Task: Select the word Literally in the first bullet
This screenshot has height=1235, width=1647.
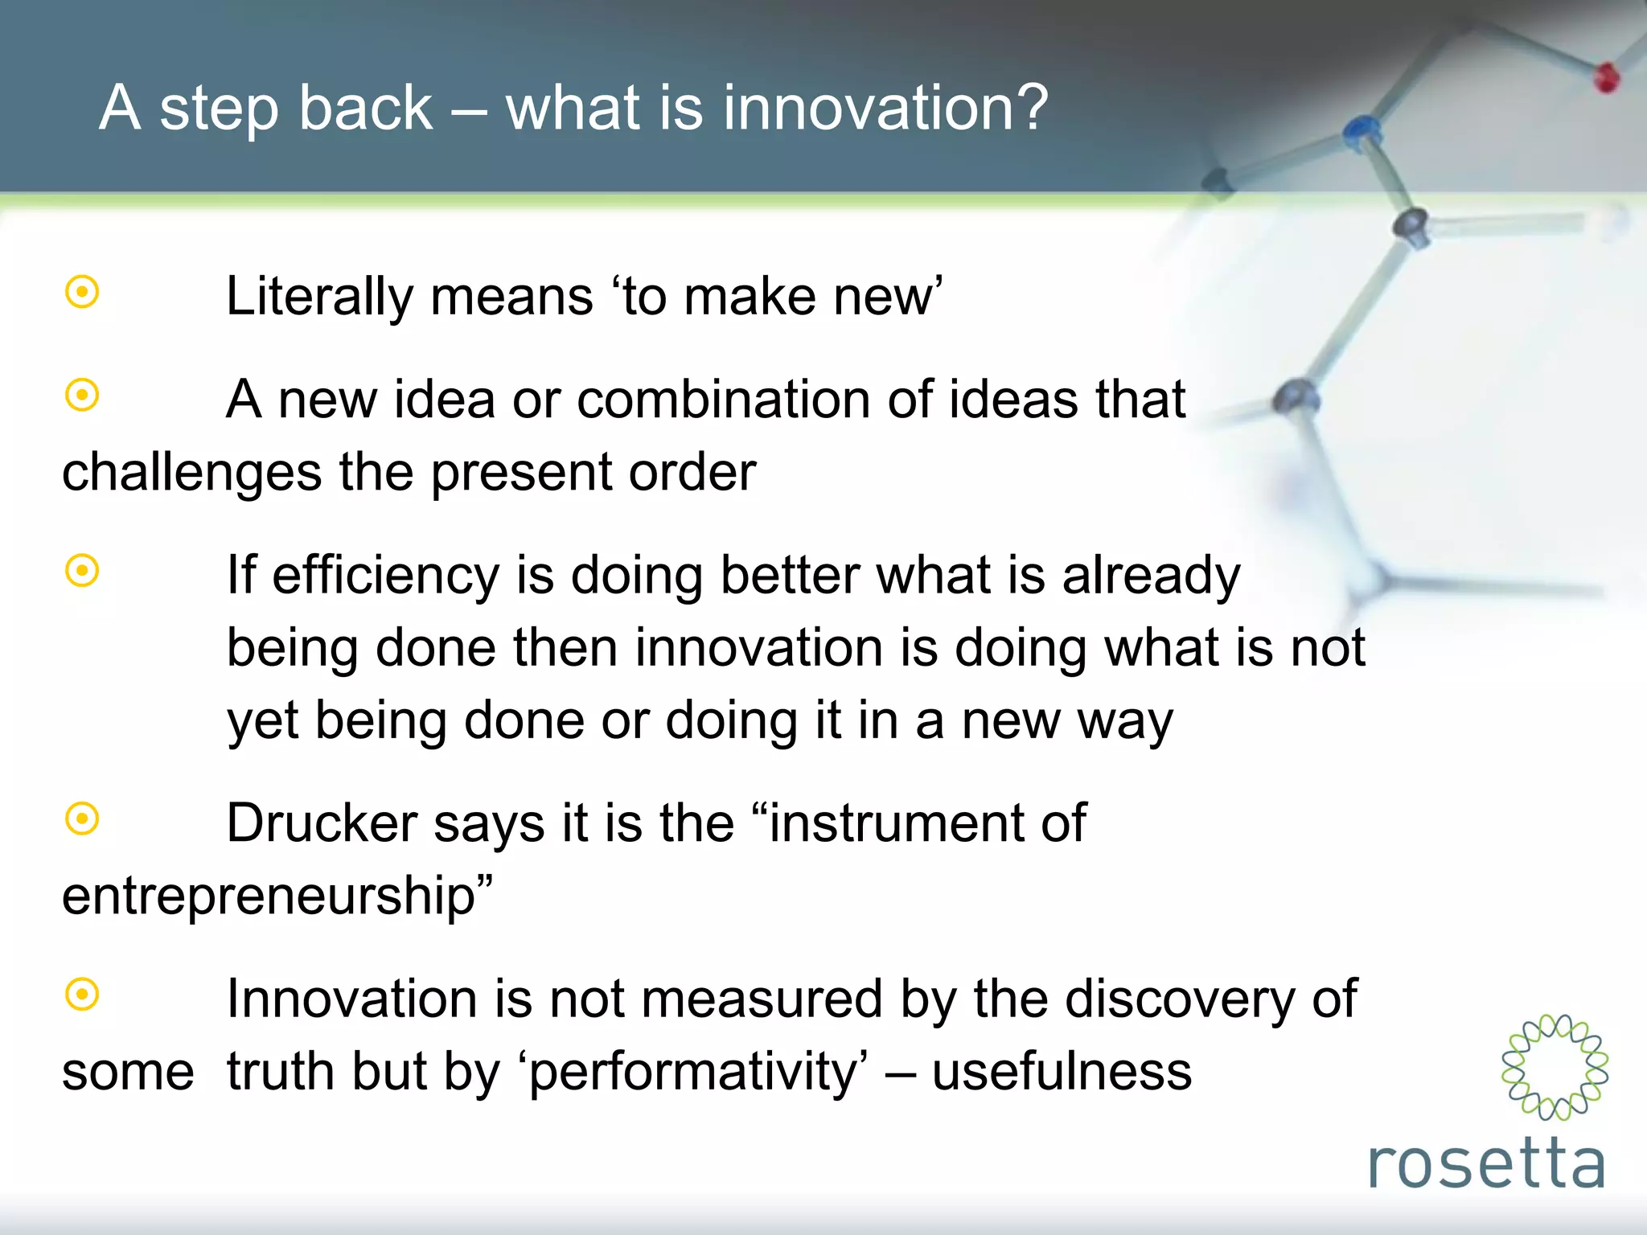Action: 319,297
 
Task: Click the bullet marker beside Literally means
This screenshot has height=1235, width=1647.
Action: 82,292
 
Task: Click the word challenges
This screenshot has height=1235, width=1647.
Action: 192,472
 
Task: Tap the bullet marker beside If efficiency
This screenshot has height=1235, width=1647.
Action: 82,571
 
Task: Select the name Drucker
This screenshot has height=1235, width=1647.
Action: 322,823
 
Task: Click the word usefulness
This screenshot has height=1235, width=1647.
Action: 1062,1072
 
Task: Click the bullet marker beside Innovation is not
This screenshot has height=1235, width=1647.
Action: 82,995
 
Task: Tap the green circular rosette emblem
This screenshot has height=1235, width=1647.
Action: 1555,1067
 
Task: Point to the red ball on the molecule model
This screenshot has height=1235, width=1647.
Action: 1606,78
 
